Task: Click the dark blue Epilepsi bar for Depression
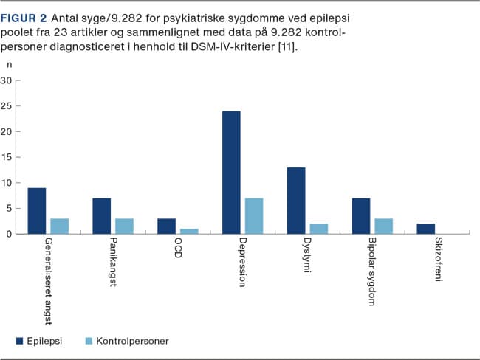pos(231,173)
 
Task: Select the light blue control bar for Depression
pos(254,216)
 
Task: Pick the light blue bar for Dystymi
pos(319,229)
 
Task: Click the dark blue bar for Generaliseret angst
pos(37,211)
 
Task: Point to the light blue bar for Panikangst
pos(124,226)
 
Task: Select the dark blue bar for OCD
pos(166,226)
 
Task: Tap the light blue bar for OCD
pos(189,231)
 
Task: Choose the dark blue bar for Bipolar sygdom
pos(361,216)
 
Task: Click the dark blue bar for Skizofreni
pos(426,229)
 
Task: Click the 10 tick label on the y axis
pos(7,183)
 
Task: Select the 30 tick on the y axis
pos(7,80)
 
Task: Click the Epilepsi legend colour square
pos(20,340)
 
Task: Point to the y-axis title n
pos(9,64)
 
